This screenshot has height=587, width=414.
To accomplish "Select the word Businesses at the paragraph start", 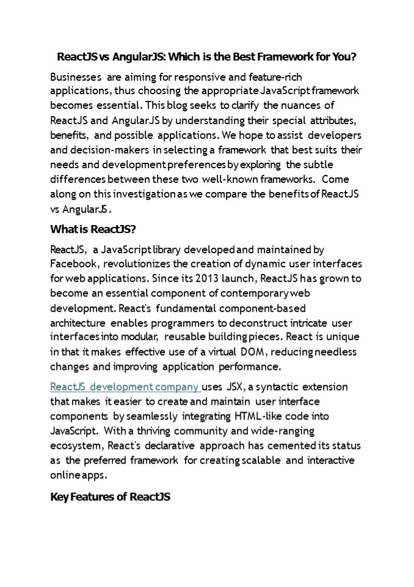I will coord(76,76).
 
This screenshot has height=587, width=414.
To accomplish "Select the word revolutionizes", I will coord(147,264).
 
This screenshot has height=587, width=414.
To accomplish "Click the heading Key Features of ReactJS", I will coord(110,497).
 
